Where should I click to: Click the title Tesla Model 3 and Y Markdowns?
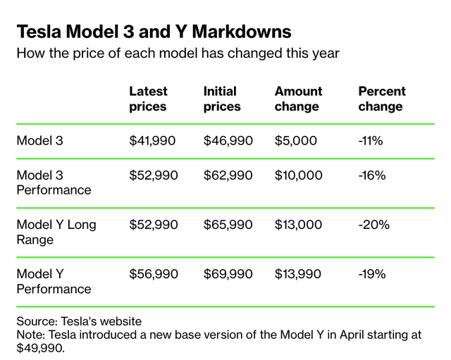click(154, 32)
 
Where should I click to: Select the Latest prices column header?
click(148, 99)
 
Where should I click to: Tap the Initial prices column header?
click(222, 99)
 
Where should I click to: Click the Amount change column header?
click(298, 99)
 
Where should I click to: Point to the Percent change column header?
click(382, 99)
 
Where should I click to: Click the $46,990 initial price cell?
click(228, 140)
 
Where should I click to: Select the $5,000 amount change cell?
click(296, 140)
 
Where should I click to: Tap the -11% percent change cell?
click(371, 140)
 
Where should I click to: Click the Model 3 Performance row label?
click(54, 182)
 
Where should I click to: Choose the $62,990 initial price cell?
click(228, 175)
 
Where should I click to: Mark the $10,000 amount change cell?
click(299, 175)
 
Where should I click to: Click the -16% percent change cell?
click(371, 175)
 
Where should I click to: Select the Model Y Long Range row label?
click(56, 232)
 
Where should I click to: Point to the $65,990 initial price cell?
click(228, 225)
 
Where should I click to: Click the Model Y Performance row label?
click(54, 281)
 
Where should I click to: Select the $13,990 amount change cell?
click(299, 274)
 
